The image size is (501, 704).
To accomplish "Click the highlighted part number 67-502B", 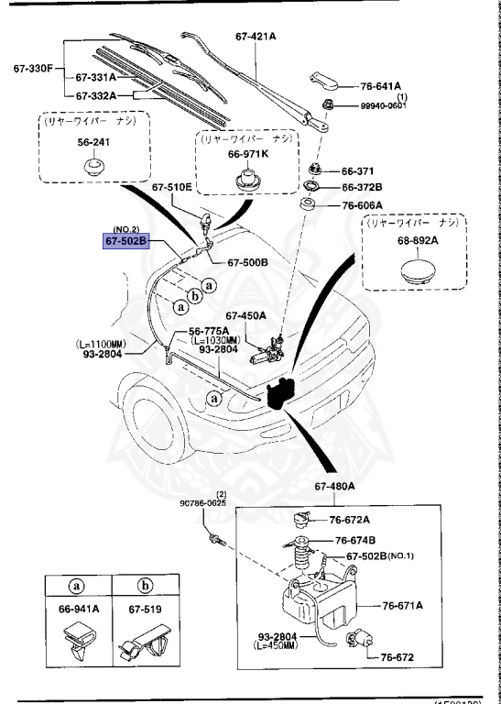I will pos(126,241).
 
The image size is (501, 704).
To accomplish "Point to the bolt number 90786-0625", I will pos(202,503).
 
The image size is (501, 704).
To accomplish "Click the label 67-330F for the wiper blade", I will pos(34,68).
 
